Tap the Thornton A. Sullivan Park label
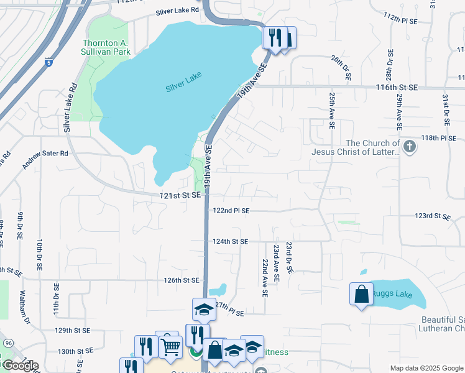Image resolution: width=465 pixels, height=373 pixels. (106, 48)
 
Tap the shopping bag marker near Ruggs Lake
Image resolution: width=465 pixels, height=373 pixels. (361, 294)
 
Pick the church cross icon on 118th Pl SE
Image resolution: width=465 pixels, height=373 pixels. (409, 147)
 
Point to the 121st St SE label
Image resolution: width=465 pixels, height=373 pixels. (178, 195)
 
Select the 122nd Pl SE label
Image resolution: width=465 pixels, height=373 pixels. (231, 211)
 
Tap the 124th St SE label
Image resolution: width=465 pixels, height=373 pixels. (230, 241)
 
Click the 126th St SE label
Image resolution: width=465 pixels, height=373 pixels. (181, 280)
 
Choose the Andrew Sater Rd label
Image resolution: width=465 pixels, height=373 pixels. (45, 160)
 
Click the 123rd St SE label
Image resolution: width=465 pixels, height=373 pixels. (433, 216)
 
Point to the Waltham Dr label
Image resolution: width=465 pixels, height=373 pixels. (25, 307)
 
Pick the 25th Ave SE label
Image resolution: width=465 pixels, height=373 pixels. (332, 110)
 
